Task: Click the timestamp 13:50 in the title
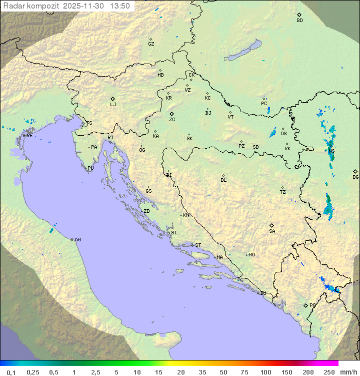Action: pyautogui.click(x=120, y=6)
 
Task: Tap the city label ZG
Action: pyautogui.click(x=172, y=120)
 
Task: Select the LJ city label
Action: pyautogui.click(x=113, y=105)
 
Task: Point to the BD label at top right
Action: pyautogui.click(x=299, y=21)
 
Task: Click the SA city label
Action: pyautogui.click(x=272, y=231)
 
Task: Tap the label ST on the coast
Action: pyautogui.click(x=198, y=245)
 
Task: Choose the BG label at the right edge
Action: pyautogui.click(x=355, y=177)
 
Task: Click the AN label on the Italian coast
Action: pyautogui.click(x=77, y=240)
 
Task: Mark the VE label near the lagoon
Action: pyautogui.click(x=29, y=136)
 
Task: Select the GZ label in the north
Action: pyautogui.click(x=151, y=44)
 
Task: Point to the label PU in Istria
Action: pyautogui.click(x=90, y=168)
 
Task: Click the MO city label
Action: pyautogui.click(x=251, y=255)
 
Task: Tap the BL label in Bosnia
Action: pyautogui.click(x=223, y=180)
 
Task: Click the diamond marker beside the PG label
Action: pyautogui.click(x=305, y=305)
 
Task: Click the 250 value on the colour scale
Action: pyautogui.click(x=329, y=372)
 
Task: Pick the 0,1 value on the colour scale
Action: pyautogui.click(x=11, y=372)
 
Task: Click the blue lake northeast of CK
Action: pyautogui.click(x=243, y=51)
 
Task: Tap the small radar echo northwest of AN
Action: pyautogui.click(x=51, y=231)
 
